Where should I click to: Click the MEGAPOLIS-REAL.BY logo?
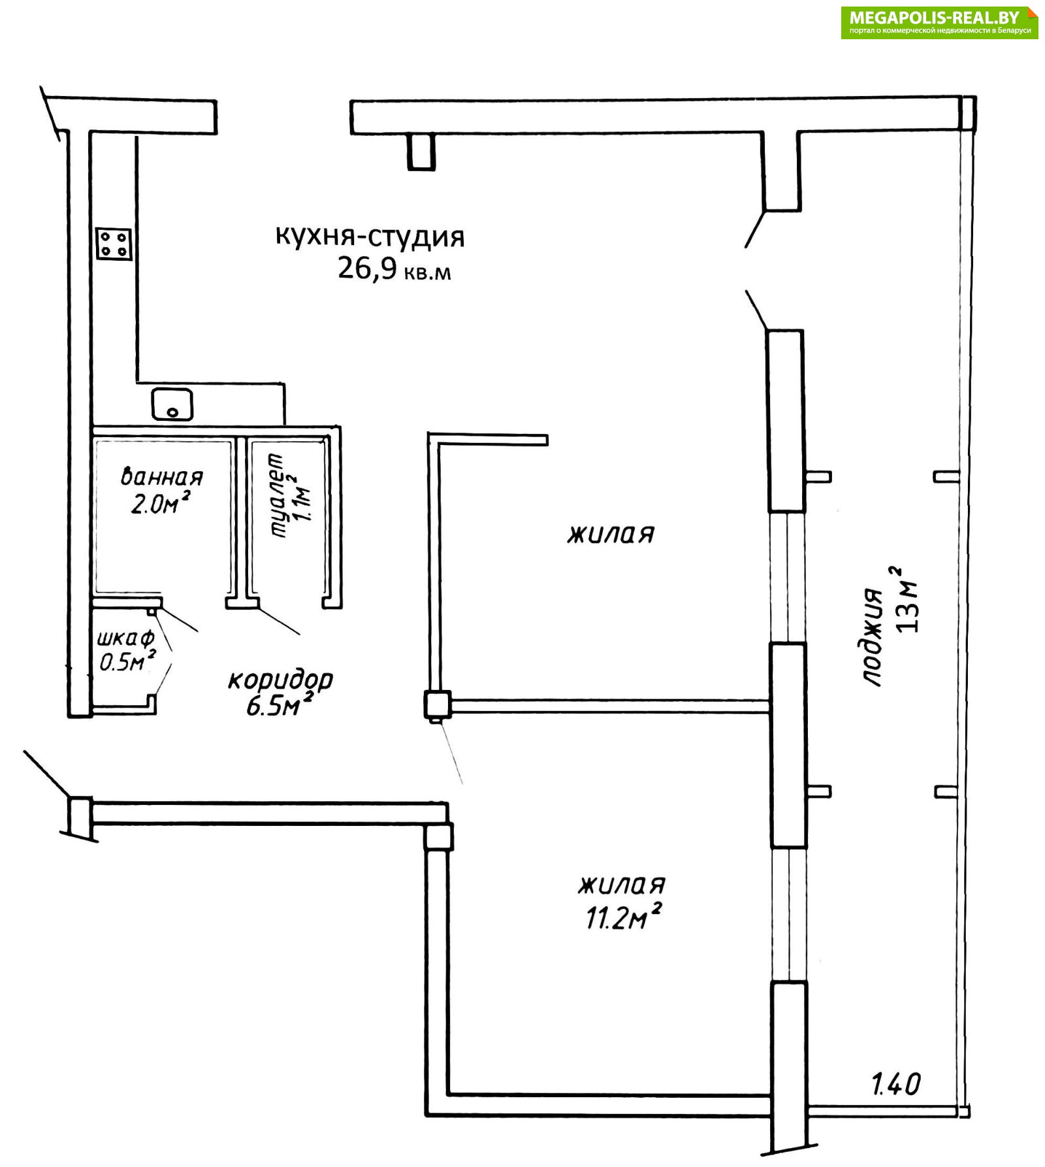(939, 22)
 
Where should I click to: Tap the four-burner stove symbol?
(114, 244)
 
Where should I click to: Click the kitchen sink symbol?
(172, 404)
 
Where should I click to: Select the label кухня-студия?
(370, 237)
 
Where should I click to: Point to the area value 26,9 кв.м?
(394, 269)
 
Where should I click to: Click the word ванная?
(162, 477)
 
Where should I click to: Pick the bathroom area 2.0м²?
(161, 504)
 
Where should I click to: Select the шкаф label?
(125, 638)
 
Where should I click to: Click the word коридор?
(280, 681)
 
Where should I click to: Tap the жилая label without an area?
(611, 534)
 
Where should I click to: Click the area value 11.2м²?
(624, 917)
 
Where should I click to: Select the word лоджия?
(873, 636)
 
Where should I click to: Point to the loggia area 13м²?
(906, 600)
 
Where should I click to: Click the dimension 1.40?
(896, 1085)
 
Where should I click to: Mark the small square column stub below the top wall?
(421, 152)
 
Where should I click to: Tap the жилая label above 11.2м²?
(622, 886)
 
